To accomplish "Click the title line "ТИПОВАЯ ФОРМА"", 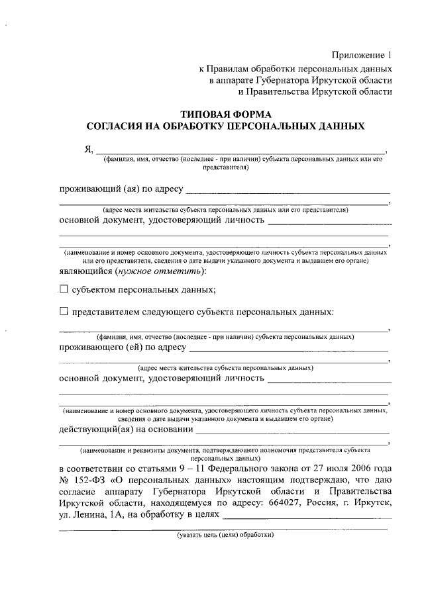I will pyautogui.click(x=225, y=113).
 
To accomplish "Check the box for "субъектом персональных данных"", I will pyautogui.click(x=64, y=289).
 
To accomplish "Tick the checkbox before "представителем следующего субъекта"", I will pyautogui.click(x=64, y=312).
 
